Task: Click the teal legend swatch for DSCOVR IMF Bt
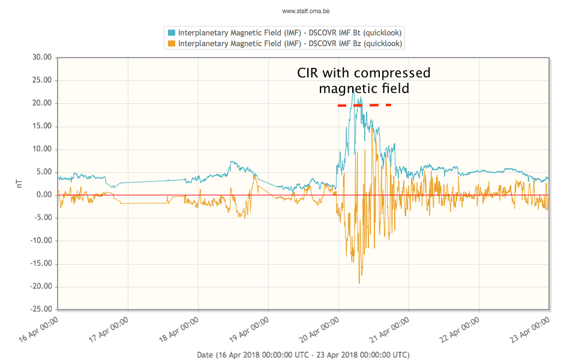click(x=172, y=32)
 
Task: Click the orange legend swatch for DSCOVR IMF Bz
click(x=172, y=43)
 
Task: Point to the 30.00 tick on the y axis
click(x=43, y=58)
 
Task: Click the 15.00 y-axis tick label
click(x=43, y=127)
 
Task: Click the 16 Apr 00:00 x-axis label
click(x=40, y=329)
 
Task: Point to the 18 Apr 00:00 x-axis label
click(x=179, y=329)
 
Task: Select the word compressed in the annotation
click(x=392, y=73)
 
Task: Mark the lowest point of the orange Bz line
click(x=359, y=283)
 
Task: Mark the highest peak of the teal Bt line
click(x=353, y=88)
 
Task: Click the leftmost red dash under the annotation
click(x=342, y=106)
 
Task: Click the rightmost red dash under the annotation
click(x=388, y=105)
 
